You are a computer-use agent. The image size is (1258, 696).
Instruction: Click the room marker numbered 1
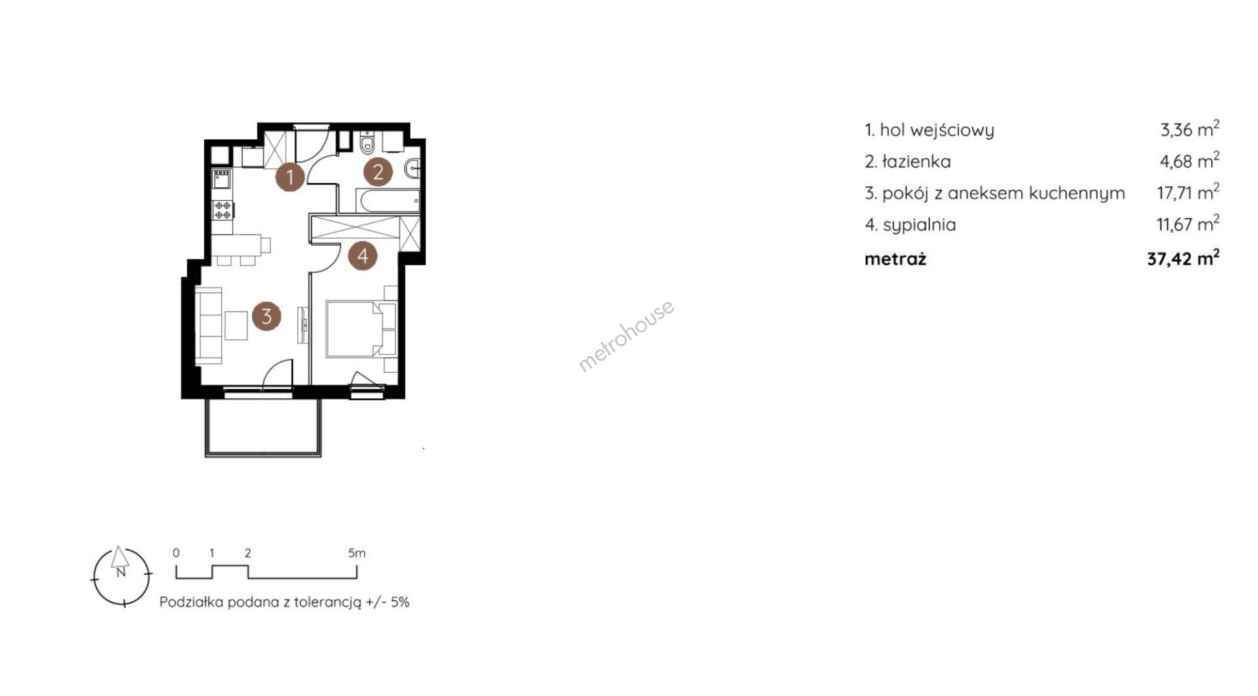coord(290,176)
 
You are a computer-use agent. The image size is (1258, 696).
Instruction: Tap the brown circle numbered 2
coord(378,172)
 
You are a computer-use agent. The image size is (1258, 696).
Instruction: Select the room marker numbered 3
coord(266,317)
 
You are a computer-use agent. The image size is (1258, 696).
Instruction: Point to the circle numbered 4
coord(362,255)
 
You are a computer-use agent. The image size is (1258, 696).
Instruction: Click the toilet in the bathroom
coord(367,143)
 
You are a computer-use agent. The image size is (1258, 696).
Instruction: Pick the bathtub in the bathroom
coord(387,201)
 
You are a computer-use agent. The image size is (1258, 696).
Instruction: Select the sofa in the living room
coord(210,326)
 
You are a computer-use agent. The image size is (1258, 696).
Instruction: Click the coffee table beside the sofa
coord(237,326)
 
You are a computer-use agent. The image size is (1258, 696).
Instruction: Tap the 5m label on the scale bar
coord(356,553)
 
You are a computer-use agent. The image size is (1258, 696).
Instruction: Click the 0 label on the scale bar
coord(176,553)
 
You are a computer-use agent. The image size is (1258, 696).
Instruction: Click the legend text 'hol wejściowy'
coord(937,130)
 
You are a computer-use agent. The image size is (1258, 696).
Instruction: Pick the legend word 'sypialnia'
coord(919,225)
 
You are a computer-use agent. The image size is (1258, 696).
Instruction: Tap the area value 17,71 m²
coord(1188,193)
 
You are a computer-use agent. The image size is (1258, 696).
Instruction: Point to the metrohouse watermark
coord(626,336)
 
